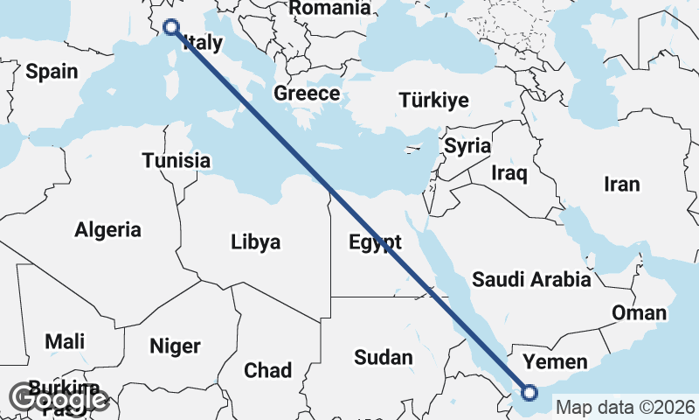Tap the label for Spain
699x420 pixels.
52,72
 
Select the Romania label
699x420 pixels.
329,8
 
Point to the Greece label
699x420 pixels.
307,94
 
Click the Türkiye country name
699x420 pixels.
434,100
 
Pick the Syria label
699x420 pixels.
467,145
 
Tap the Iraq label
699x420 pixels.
510,173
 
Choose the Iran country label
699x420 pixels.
621,184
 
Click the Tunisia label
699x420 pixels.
176,161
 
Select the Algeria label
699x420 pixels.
107,230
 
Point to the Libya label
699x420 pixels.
256,242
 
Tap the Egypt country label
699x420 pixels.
375,242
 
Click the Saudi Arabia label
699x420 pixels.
531,280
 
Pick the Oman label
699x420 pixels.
639,313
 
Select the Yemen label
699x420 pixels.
554,362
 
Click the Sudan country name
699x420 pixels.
383,357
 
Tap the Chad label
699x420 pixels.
268,370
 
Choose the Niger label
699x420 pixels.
175,346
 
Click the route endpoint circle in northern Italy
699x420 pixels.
171,27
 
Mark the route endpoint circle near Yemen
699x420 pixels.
529,393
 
